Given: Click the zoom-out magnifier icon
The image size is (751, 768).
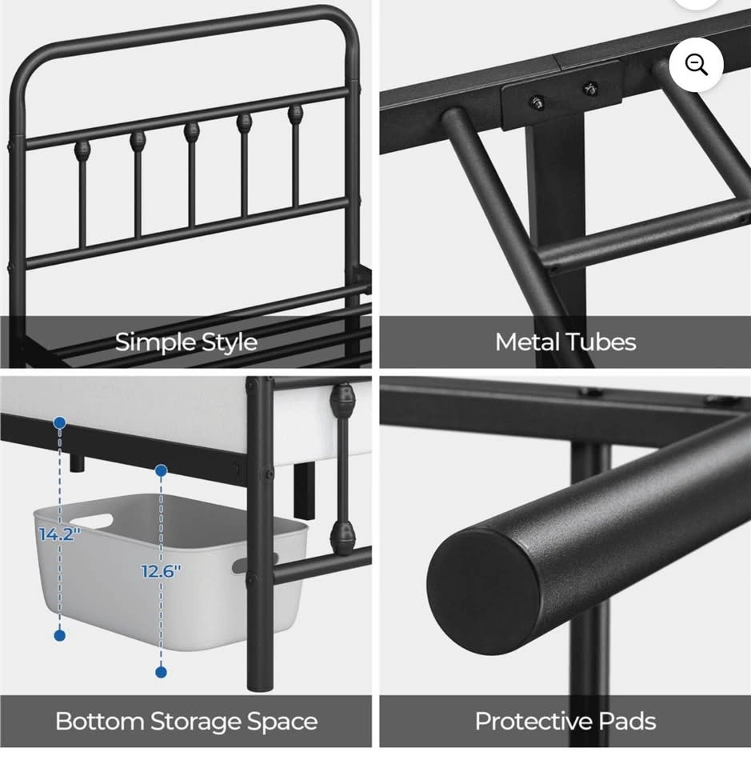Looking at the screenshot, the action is point(696,64).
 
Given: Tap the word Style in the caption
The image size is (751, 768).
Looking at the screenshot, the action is point(229,342).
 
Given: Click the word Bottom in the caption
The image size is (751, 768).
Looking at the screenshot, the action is point(99,722).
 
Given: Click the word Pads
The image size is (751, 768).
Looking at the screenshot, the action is point(628,722).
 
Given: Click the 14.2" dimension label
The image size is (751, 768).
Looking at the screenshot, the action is point(59,534).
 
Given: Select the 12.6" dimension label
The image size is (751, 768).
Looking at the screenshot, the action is point(161,571).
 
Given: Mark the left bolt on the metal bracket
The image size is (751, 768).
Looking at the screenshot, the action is point(538,102).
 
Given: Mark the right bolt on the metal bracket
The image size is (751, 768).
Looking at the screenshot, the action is point(590,89).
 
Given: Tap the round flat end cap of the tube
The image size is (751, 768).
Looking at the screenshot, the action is point(483,591).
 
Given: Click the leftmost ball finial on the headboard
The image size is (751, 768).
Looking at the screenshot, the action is point(82,150).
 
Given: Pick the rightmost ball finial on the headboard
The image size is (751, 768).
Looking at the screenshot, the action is point(295,114).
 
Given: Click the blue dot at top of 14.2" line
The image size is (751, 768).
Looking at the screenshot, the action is point(60,422).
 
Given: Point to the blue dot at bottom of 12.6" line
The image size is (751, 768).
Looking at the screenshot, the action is point(161,672).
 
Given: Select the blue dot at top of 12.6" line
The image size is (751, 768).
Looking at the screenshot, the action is point(161,470).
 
